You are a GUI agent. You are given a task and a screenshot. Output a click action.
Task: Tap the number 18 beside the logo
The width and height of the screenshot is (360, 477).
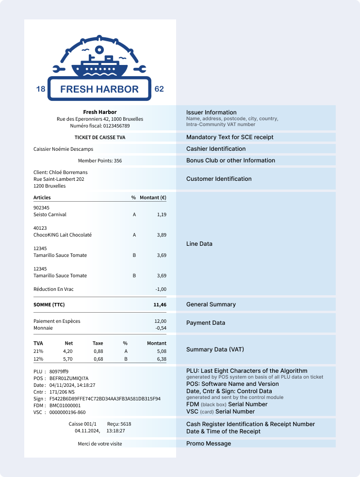click(x=41, y=89)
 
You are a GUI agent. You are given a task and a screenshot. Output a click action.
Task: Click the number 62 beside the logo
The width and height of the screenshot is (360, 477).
click(x=159, y=89)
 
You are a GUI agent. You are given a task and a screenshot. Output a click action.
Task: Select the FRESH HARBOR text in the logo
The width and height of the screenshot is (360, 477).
click(x=99, y=89)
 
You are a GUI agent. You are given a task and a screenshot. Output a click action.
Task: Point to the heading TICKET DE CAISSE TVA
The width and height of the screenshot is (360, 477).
click(x=100, y=137)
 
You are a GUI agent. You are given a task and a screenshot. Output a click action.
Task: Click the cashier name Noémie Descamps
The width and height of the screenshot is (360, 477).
click(x=71, y=149)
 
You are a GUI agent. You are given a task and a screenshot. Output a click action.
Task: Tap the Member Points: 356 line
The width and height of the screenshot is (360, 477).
click(x=100, y=160)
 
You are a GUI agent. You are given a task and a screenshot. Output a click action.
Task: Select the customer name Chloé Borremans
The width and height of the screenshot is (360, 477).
click(x=68, y=172)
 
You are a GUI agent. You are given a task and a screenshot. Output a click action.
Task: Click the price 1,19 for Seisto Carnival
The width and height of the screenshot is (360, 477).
click(x=162, y=214)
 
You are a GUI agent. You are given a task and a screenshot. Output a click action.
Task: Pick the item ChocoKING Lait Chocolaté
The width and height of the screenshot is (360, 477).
click(x=63, y=235)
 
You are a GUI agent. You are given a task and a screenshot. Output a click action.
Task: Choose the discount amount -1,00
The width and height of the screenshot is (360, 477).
click(x=161, y=289)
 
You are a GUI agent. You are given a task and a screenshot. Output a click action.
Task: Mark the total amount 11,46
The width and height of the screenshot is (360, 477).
click(x=160, y=305)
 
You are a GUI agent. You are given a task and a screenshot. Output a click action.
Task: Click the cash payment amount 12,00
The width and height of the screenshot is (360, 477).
click(x=160, y=321)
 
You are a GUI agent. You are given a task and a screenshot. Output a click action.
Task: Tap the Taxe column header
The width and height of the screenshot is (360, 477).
click(x=98, y=343)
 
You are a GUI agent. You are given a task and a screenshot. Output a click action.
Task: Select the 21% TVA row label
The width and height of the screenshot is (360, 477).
click(x=38, y=351)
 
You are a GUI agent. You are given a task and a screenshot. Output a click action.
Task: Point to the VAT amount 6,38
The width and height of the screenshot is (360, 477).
click(x=160, y=359)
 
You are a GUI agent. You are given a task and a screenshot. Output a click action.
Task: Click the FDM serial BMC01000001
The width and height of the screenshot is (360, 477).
click(x=65, y=405)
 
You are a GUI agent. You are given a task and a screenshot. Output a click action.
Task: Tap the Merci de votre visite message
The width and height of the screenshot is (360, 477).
click(x=100, y=444)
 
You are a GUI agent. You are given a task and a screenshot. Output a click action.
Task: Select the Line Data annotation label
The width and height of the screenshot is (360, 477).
click(x=199, y=244)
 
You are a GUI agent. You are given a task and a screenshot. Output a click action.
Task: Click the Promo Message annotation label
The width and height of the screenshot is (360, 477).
click(x=209, y=444)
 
